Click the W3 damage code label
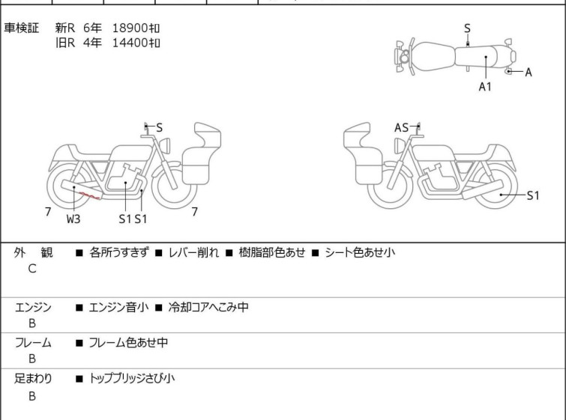73,219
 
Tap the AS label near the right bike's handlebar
401,127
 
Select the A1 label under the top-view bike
485,87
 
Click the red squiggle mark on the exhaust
90,195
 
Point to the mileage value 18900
130,28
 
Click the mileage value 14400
130,43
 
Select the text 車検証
21,28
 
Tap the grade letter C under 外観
32,269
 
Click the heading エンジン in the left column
33,307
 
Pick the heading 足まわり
33,379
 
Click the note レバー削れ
194,252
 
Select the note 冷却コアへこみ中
208,307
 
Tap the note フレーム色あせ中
128,342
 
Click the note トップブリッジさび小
132,379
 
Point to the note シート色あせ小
360,252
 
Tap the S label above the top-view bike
467,28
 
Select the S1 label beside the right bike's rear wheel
533,195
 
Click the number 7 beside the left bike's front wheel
195,212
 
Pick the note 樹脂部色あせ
272,252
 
